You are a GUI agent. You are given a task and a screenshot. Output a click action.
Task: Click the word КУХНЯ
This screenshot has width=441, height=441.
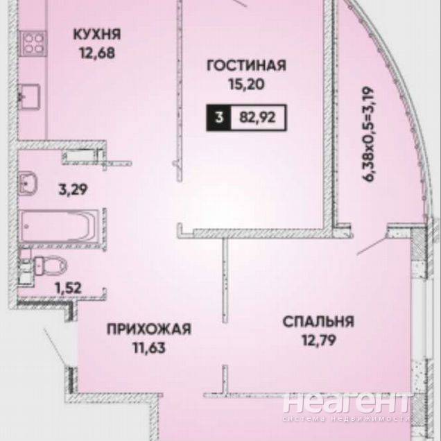point(97,34)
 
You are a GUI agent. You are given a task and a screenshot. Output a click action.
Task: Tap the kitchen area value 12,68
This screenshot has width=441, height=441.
point(97,53)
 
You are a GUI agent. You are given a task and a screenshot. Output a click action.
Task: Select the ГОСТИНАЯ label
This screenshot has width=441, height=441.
point(246,65)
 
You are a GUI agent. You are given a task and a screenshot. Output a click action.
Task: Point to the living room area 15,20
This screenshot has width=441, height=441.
point(247,84)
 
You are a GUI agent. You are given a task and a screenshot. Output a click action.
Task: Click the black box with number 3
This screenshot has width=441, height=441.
point(219,118)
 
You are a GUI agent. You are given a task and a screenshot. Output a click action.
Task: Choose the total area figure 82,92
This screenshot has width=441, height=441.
point(257,117)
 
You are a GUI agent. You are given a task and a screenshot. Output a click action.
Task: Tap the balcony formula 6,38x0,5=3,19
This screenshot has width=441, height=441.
point(368,135)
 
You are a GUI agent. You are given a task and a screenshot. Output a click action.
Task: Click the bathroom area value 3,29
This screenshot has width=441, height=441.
point(73,189)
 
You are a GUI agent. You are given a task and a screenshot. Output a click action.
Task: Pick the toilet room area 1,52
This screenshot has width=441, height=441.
point(69,288)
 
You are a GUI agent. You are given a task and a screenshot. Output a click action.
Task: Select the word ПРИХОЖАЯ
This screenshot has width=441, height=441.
point(149,329)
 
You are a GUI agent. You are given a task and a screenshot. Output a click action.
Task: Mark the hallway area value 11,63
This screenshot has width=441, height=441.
point(149,348)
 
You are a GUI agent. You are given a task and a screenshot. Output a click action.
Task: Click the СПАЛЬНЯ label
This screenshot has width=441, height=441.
point(318,322)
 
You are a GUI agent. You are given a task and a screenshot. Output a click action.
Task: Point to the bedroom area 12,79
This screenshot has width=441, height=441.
point(319,340)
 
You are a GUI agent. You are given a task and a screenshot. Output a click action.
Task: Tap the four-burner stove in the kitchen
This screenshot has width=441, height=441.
point(33,44)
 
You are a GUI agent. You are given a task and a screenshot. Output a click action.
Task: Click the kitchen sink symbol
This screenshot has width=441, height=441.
point(30,96)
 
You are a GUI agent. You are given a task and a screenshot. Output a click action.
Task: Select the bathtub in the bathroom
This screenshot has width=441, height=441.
point(60,227)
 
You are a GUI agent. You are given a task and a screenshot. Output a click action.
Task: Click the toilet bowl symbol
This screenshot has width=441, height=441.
point(49,265)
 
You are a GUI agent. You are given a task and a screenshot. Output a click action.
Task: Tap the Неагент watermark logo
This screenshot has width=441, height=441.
point(345,402)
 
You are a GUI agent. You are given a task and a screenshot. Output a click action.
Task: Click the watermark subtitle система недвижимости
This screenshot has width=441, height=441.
point(345,419)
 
